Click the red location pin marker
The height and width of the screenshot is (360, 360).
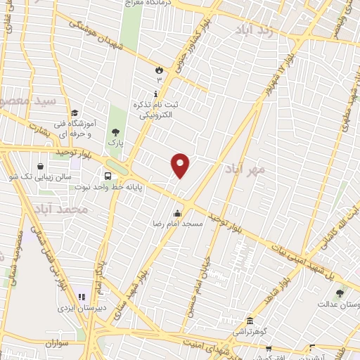[x=181, y=165]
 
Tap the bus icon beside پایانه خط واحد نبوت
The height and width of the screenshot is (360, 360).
[x=108, y=176]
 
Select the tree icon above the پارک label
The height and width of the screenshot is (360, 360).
[x=115, y=131]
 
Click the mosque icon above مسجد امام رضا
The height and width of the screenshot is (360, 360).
[x=177, y=213]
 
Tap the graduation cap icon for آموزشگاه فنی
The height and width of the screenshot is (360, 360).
[x=74, y=112]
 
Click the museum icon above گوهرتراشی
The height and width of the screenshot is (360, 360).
[x=250, y=320]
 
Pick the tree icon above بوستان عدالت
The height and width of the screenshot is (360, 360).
[x=340, y=292]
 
